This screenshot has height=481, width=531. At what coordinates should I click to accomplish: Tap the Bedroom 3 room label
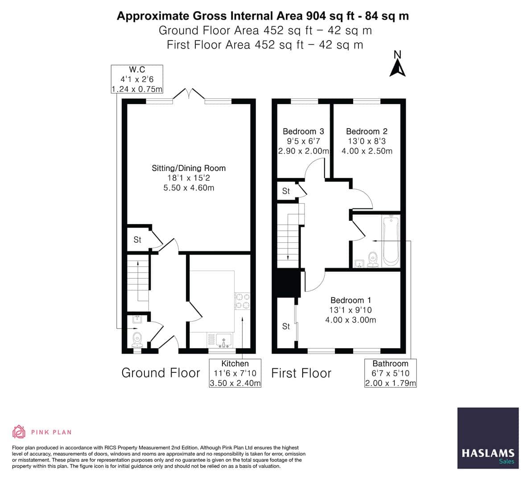click(303, 131)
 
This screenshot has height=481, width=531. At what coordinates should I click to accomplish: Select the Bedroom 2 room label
click(366, 131)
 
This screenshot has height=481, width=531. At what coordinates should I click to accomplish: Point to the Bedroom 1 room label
click(350, 301)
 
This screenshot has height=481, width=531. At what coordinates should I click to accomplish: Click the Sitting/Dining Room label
click(189, 168)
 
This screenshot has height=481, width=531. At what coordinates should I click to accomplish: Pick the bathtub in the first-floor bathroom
click(391, 240)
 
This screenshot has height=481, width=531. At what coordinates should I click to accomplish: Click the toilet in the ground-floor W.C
click(137, 339)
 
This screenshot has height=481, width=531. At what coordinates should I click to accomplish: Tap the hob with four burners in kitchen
click(243, 301)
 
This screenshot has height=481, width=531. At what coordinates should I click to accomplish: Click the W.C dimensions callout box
click(137, 79)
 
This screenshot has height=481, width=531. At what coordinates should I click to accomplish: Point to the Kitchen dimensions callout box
click(235, 374)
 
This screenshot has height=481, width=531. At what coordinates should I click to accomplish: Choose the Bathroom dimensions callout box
click(391, 374)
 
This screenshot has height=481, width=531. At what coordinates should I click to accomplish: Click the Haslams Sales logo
click(488, 438)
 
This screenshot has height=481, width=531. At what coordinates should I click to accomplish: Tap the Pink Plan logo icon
click(19, 432)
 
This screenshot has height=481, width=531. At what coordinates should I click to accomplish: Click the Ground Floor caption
click(161, 373)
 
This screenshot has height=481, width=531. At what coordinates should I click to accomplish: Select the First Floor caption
click(301, 373)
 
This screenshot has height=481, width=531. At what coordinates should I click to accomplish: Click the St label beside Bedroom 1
click(286, 326)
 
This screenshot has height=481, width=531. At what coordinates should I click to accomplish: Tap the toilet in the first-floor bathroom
click(373, 259)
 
